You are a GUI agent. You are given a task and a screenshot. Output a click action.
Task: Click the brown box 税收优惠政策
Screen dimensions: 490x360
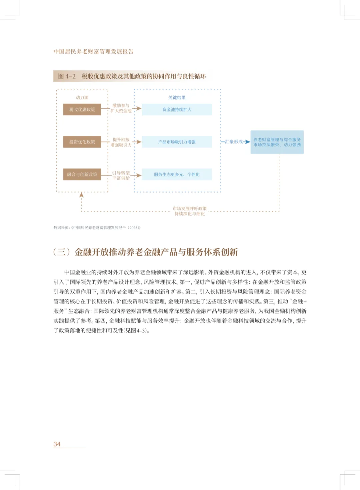click(82, 109)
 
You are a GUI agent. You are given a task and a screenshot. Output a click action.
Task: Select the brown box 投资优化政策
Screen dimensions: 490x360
click(82, 142)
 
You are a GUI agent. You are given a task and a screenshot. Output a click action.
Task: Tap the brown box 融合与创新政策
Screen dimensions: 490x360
click(82, 174)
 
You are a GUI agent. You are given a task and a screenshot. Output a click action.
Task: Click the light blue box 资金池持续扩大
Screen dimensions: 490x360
click(177, 109)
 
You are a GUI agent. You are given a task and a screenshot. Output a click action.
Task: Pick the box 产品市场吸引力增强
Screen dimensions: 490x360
click(177, 142)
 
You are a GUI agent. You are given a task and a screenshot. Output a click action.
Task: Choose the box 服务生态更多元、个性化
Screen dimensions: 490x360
click(177, 174)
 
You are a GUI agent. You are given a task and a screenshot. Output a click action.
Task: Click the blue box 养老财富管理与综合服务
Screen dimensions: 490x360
click(277, 142)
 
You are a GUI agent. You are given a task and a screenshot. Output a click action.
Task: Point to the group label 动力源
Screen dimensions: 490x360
click(82, 97)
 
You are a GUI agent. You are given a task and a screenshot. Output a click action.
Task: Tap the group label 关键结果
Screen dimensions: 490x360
click(177, 97)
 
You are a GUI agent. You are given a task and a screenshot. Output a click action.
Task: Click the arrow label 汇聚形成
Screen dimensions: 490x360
click(234, 142)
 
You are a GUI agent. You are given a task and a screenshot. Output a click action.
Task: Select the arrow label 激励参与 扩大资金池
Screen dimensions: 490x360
click(121, 108)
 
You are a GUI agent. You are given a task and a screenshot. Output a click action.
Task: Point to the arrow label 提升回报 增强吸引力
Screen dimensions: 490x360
click(121, 142)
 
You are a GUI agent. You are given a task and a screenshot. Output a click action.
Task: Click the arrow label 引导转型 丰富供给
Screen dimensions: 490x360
click(121, 175)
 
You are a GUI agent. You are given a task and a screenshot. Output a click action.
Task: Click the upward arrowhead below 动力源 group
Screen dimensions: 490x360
click(81, 195)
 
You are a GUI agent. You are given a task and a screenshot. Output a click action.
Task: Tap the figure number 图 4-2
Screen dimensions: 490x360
click(67, 76)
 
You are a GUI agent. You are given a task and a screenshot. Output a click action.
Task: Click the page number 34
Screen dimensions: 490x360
click(57, 444)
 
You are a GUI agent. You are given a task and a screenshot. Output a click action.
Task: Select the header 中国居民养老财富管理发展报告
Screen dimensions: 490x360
click(93, 51)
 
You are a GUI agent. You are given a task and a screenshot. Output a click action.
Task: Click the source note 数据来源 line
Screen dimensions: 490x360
click(97, 228)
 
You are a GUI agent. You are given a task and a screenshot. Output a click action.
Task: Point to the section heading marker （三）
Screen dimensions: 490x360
click(62, 252)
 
